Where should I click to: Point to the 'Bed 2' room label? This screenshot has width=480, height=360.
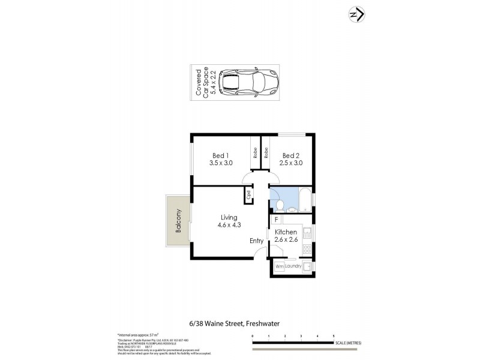tap(290, 158)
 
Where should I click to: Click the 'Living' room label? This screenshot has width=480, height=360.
tap(229, 221)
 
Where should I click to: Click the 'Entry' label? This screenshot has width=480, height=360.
tap(257, 241)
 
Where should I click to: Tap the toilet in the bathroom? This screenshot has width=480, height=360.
tap(280, 206)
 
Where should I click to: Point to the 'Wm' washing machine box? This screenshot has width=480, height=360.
tap(279, 266)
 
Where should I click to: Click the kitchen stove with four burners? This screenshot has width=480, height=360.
tap(307, 248)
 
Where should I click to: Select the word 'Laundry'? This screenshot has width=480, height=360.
tap(293, 266)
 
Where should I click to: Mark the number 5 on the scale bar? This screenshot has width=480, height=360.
tap(334, 336)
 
